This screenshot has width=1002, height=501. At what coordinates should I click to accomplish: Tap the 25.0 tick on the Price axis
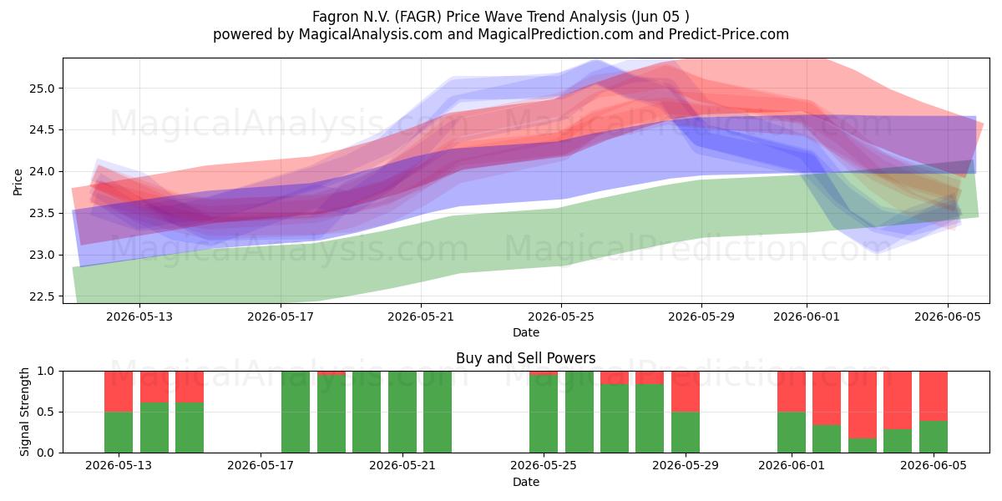42,89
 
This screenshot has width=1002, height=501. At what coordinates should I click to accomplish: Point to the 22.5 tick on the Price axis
42,296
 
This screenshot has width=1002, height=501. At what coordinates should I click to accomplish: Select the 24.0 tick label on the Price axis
42,172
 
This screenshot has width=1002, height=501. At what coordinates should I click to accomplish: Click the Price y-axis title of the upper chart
18,182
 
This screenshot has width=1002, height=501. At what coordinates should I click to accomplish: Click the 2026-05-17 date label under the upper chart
281,316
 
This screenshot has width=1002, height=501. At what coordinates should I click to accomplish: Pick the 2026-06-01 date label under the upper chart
807,316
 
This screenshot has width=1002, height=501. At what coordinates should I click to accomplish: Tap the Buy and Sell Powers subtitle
525,358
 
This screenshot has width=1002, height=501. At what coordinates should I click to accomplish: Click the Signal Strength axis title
24,412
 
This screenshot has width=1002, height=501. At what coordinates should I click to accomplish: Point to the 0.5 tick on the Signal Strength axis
46,412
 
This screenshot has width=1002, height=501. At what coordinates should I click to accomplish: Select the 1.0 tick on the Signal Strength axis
46,372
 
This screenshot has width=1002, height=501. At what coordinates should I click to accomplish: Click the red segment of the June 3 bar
863,404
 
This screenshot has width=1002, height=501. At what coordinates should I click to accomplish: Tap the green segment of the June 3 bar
863,446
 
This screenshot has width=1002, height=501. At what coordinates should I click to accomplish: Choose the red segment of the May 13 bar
119,392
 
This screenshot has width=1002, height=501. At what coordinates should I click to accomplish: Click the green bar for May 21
402,412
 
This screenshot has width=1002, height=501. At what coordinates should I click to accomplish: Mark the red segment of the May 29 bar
686,392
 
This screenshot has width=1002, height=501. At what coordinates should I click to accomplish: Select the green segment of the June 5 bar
934,437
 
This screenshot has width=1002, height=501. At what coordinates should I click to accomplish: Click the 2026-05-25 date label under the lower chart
544,466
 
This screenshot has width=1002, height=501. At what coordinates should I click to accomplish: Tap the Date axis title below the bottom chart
525,483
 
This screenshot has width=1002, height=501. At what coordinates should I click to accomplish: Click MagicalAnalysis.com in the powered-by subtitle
371,34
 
